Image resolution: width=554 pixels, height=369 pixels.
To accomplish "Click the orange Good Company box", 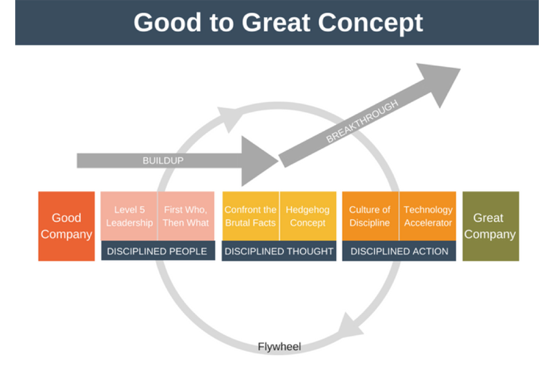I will tap(66, 226).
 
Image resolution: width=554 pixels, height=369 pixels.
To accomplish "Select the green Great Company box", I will tap(490, 226).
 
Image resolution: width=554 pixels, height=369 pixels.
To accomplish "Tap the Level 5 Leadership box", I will tap(129, 216).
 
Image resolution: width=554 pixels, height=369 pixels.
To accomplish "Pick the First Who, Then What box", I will tap(186, 216).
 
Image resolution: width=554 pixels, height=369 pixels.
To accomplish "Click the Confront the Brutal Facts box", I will tap(250, 216).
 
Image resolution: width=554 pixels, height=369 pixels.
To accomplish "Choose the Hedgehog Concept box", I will tap(308, 216).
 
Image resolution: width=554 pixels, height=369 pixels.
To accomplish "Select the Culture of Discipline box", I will tap(370, 216).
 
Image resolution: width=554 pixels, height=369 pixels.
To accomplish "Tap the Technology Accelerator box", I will tap(428, 216).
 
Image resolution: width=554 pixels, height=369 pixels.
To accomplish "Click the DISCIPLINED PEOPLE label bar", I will tap(157, 251).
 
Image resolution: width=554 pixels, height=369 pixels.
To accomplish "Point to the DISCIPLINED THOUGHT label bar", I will tap(279, 251).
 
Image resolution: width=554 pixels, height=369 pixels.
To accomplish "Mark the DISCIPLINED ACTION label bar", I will tap(399, 251).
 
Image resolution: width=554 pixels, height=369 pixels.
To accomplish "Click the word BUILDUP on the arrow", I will tap(163, 161).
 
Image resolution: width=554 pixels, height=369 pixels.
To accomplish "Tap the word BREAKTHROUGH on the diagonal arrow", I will tap(362, 122).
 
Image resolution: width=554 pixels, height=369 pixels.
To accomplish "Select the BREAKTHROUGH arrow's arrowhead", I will tap(440, 82).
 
